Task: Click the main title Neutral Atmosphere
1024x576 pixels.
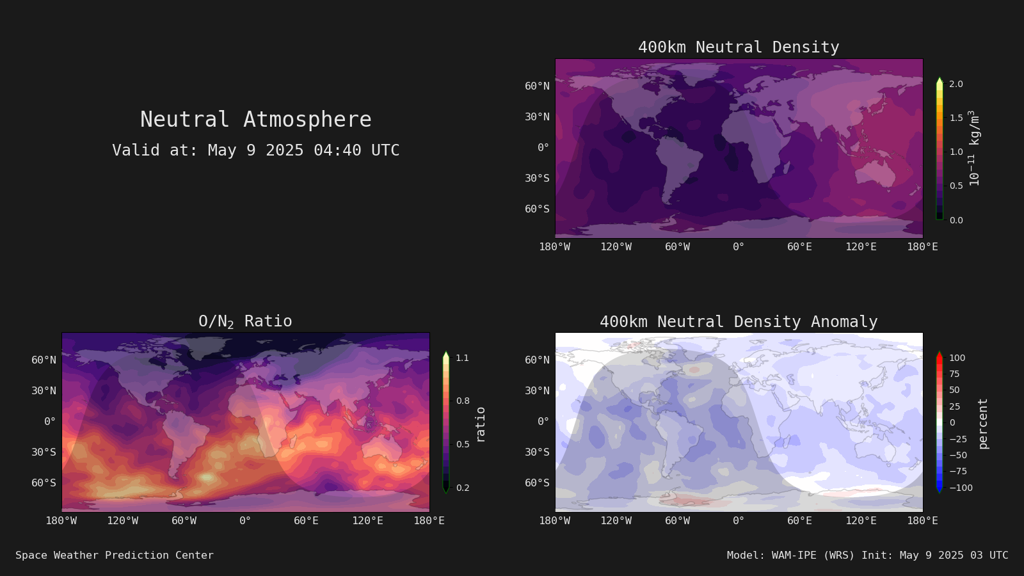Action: pos(256,119)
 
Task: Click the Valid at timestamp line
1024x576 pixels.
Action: pos(256,150)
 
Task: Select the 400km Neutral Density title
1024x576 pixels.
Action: pos(739,47)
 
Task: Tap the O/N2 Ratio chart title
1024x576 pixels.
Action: pos(245,321)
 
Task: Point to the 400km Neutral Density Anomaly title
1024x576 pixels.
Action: pos(739,321)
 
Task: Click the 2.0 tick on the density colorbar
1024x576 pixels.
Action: pos(956,84)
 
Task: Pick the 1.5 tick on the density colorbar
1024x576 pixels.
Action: pos(956,118)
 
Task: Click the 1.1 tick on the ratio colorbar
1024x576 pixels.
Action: pos(463,358)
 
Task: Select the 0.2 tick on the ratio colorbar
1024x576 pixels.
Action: pos(463,488)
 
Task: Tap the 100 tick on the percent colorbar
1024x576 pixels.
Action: pos(957,358)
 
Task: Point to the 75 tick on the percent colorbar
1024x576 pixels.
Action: pos(954,374)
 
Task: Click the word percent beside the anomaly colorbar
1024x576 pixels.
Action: pos(983,424)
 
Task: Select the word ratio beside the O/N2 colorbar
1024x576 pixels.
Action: pos(480,424)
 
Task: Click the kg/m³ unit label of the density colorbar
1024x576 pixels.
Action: pos(974,127)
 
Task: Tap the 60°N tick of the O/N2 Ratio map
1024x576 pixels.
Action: pos(44,360)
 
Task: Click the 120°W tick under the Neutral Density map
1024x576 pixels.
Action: pos(616,247)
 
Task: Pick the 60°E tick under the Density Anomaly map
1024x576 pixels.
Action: pos(799,521)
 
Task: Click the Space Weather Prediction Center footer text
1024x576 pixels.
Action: pos(115,555)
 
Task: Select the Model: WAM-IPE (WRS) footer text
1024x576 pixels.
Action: pos(791,555)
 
